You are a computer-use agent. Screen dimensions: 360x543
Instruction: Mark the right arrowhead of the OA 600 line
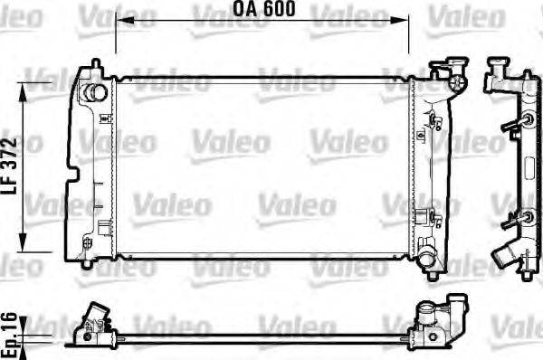click(403, 20)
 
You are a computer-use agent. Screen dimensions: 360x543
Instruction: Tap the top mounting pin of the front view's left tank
click(96, 65)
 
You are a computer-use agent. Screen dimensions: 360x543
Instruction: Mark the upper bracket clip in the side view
click(523, 121)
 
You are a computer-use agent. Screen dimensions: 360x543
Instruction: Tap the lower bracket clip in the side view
click(521, 218)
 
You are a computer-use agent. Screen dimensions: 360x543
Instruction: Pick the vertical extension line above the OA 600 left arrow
click(116, 36)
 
